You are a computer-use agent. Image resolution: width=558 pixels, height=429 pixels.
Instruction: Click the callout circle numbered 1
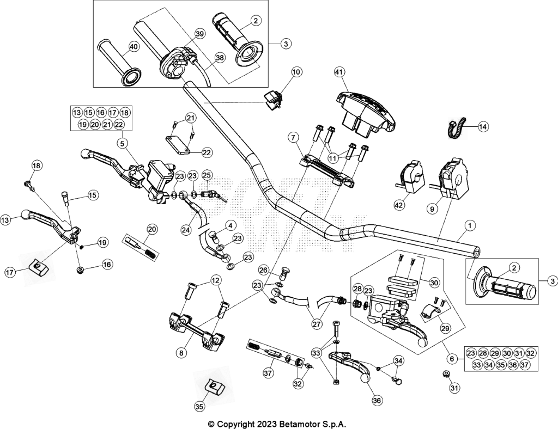click(470, 225)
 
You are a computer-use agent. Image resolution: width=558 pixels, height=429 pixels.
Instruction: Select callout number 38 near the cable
click(220, 58)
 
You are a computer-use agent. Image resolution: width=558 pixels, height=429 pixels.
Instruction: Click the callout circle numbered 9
click(432, 210)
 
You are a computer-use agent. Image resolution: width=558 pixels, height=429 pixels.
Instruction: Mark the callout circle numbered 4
click(231, 225)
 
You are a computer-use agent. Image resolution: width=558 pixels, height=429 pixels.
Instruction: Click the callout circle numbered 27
click(317, 324)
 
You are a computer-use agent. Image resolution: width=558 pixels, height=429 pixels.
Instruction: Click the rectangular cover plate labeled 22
click(178, 144)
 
